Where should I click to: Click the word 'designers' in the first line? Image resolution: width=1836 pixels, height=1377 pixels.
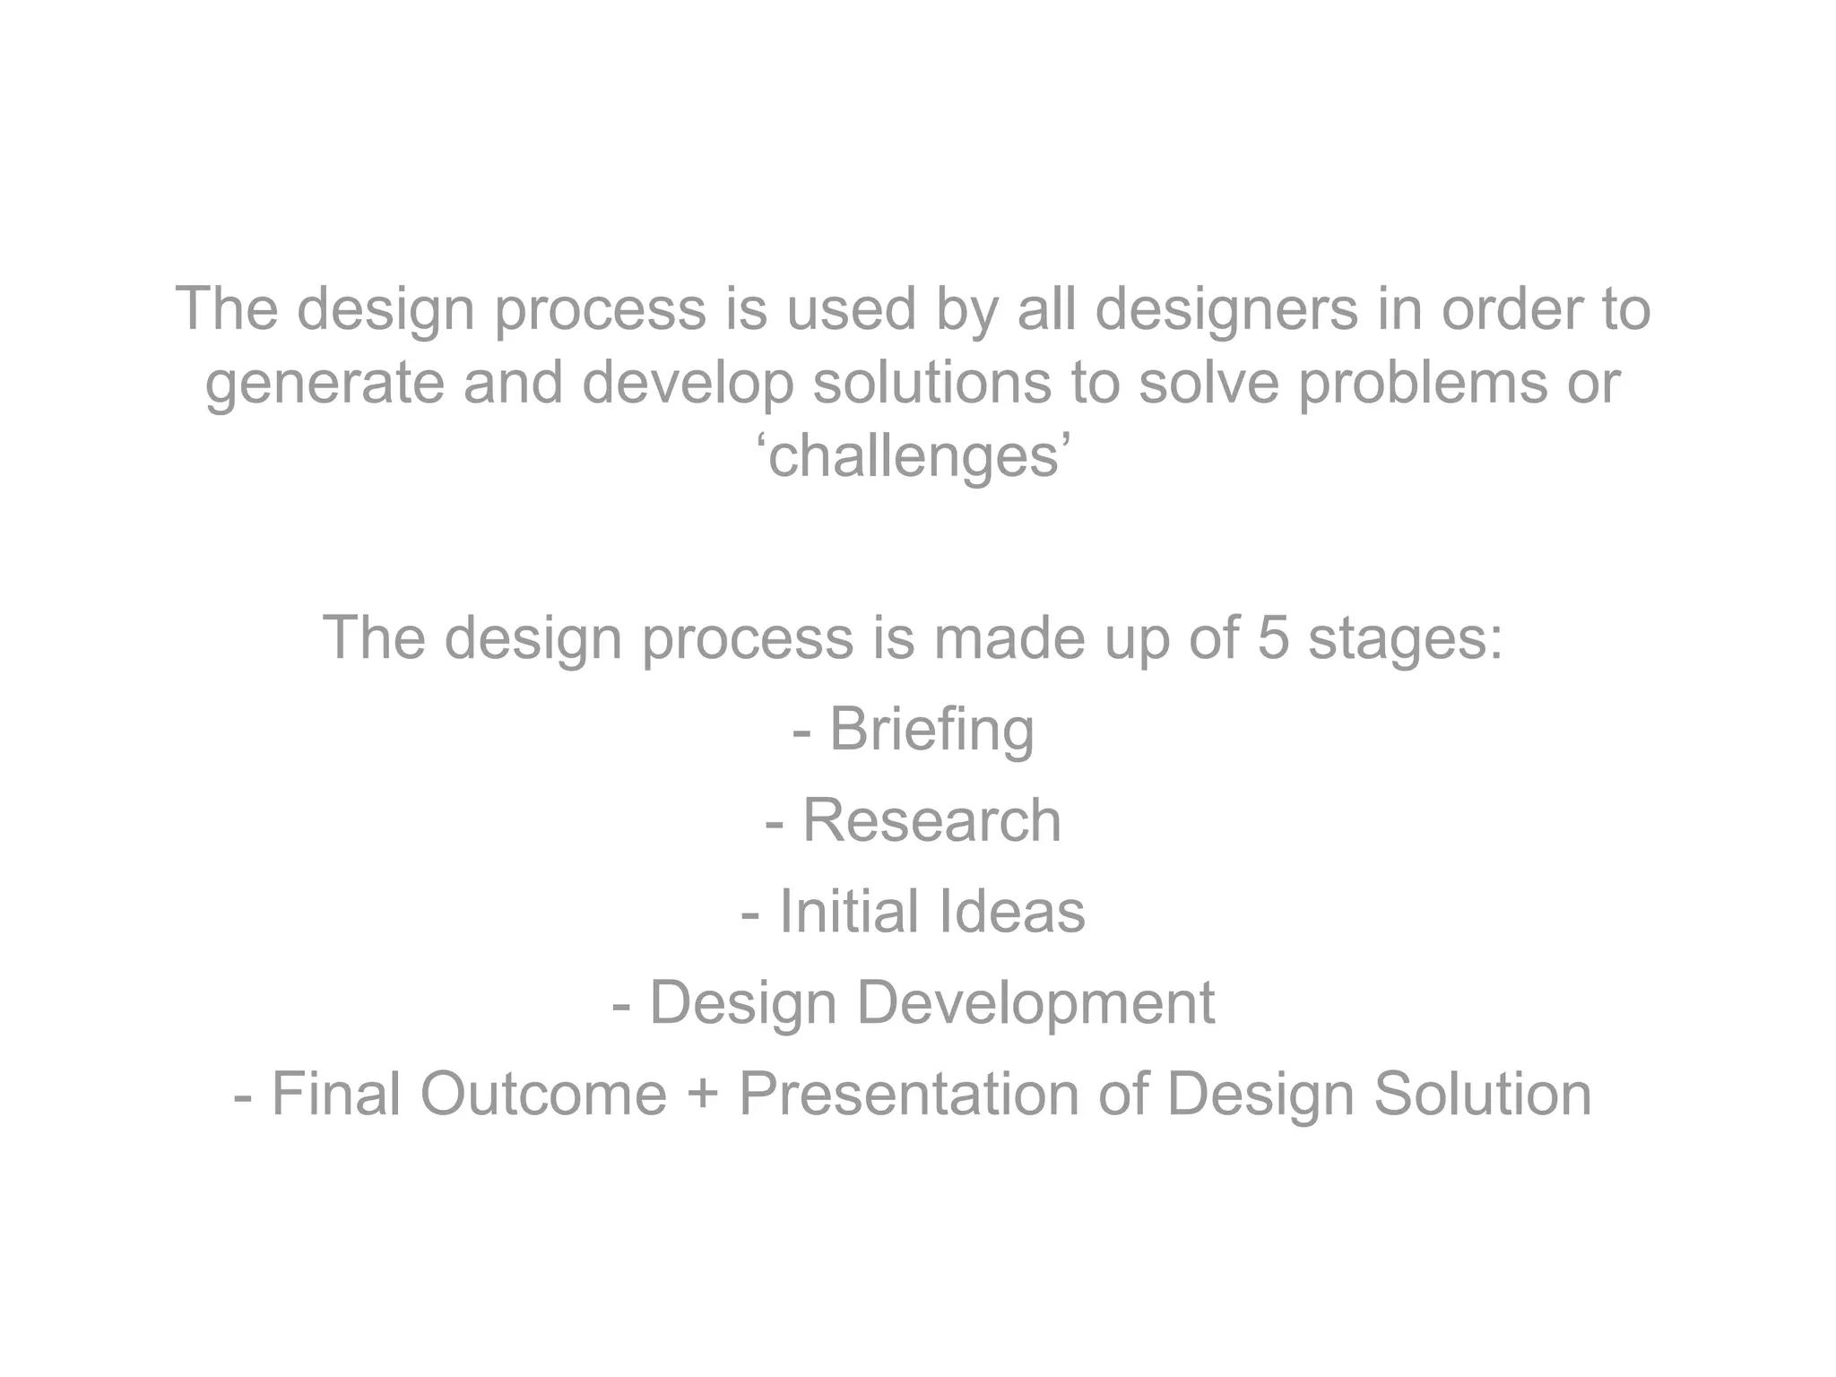pos(1226,309)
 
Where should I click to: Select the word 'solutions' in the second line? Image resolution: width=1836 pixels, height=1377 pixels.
pos(931,383)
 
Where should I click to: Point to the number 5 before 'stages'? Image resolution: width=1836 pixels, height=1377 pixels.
pos(1273,639)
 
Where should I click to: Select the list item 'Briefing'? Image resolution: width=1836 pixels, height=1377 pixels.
pos(931,730)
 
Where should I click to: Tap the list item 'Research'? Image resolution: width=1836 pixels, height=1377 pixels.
pos(931,821)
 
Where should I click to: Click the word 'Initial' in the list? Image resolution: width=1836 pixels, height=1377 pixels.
pos(849,912)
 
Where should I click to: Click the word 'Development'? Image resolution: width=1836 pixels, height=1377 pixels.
pos(1035,1004)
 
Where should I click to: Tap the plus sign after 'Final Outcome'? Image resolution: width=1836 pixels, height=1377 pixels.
pos(702,1096)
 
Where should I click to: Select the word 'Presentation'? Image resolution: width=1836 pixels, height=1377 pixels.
pos(909,1096)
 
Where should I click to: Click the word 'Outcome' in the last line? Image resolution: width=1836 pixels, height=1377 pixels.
pos(543,1096)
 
